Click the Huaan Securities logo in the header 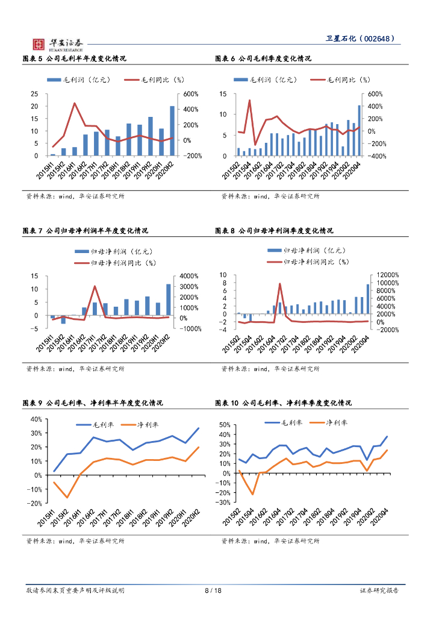coord(57,43)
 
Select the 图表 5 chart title coord(74,59)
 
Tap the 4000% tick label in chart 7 coord(190,276)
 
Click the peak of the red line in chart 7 coord(95,286)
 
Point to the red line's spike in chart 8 coord(279,284)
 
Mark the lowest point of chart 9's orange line coord(67,497)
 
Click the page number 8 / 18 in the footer coord(213,590)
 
